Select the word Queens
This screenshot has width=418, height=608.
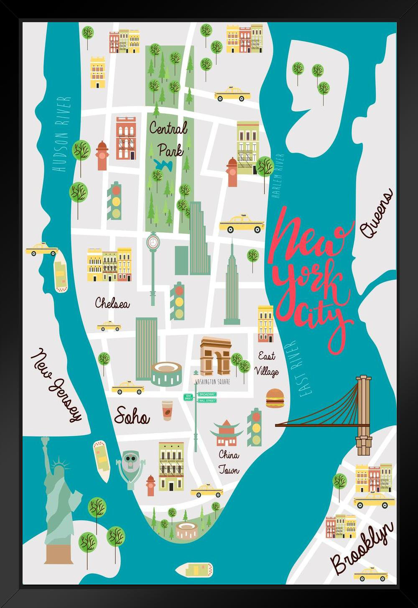(376, 213)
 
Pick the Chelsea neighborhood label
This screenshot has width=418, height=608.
(112, 303)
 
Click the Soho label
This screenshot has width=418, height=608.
(132, 416)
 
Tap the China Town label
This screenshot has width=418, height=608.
(229, 462)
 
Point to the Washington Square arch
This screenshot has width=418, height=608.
(215, 355)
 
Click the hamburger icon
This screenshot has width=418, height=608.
(275, 398)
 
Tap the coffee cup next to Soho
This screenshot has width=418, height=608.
(167, 410)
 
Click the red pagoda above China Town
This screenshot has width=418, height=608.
(227, 432)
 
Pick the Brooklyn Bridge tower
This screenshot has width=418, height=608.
(364, 414)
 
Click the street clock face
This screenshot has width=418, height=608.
(153, 242)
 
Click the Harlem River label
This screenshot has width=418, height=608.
(278, 175)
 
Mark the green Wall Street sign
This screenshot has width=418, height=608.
(207, 401)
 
